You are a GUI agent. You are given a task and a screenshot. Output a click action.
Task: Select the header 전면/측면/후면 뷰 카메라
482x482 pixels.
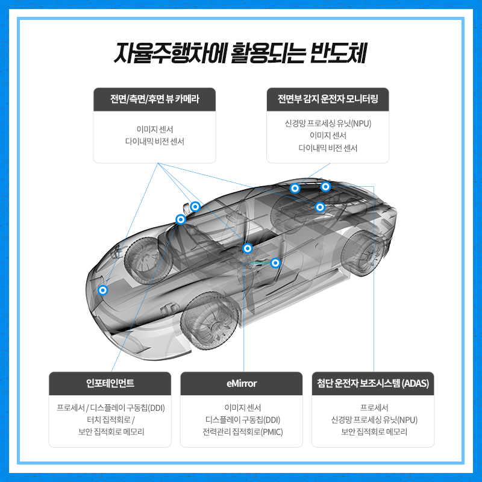[x=155, y=99]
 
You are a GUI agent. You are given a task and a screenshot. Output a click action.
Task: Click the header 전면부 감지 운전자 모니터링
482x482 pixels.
[x=328, y=99]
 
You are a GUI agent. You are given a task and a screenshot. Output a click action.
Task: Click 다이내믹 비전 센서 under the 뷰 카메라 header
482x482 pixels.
[x=155, y=142]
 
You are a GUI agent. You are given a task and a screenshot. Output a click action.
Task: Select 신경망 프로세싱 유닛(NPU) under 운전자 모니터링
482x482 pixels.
[x=328, y=124]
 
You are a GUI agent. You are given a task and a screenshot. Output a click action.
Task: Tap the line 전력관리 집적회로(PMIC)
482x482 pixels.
[x=242, y=432]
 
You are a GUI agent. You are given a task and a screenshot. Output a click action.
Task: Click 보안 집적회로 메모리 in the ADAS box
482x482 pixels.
[x=373, y=432]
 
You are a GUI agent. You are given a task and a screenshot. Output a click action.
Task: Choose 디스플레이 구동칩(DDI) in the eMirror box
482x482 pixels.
[x=242, y=420]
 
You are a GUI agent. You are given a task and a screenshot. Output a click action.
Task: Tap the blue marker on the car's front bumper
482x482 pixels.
[x=103, y=290]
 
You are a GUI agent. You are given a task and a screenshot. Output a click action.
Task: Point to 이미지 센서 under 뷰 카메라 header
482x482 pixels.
[x=155, y=129]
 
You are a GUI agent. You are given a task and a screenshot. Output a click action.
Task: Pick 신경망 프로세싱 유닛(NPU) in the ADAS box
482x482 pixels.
[x=373, y=420]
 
